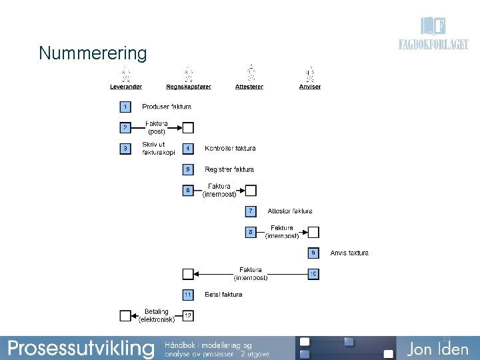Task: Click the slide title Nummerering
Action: point(93,53)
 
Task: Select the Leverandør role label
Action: point(125,87)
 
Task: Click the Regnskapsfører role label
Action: point(189,87)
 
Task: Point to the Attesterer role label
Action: point(249,87)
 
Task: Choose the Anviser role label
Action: point(310,87)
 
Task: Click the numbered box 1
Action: point(125,107)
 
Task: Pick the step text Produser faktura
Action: point(167,107)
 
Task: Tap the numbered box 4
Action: point(188,148)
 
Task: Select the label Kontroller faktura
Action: point(230,148)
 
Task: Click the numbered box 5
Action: point(188,169)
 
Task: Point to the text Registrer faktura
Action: point(229,169)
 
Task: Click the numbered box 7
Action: point(250,211)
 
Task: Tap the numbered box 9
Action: point(313,253)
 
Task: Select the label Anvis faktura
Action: point(349,253)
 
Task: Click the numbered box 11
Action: point(188,294)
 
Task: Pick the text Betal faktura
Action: point(223,294)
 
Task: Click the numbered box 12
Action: point(188,315)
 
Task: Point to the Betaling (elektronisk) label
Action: point(157,315)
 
